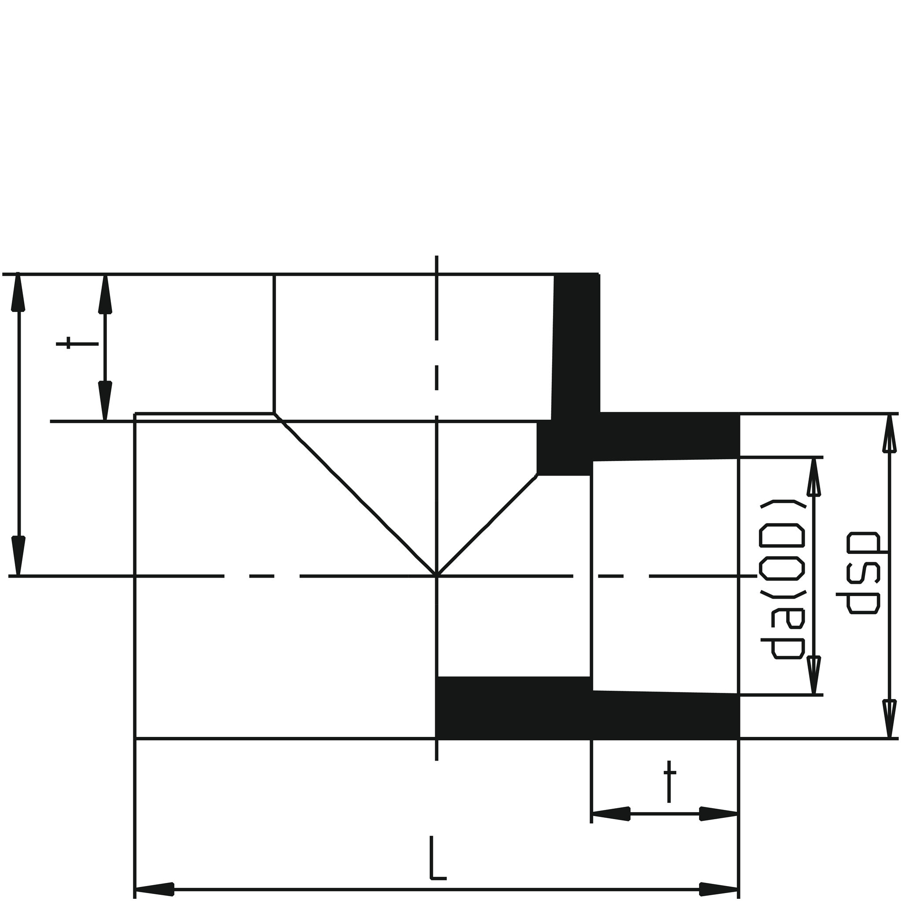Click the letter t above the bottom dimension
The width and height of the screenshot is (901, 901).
(x=669, y=787)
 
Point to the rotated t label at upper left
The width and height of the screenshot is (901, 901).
(x=77, y=344)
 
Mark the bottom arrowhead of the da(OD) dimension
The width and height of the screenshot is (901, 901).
(x=813, y=675)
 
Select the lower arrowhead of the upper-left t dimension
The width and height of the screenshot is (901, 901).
(x=106, y=401)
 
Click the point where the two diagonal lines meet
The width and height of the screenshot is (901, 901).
(x=436, y=575)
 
